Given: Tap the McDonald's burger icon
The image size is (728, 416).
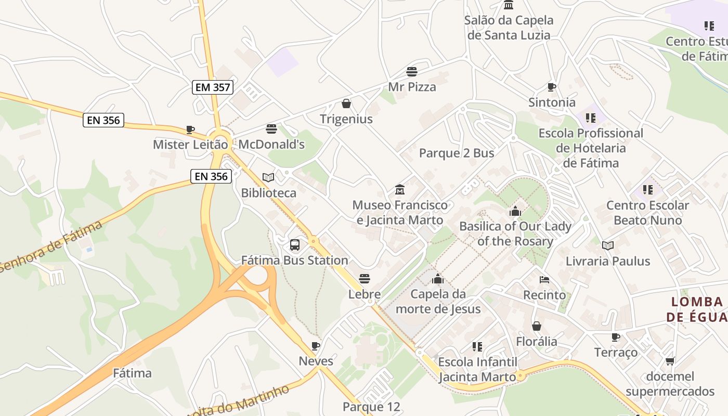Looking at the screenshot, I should click(271, 128).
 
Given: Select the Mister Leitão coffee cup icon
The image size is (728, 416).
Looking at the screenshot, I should click(190, 129).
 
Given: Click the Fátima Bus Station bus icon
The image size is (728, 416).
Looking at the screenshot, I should click(295, 244).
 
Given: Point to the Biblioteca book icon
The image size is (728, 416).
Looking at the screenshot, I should click(268, 178).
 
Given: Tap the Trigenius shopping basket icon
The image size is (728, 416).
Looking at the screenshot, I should click(346, 104).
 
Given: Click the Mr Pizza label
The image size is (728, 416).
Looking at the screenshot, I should click(412, 87).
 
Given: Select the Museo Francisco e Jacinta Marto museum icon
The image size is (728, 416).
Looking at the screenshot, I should click(400, 189).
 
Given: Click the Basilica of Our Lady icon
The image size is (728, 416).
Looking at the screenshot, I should click(515, 211).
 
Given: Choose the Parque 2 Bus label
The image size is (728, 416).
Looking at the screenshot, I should click(457, 153).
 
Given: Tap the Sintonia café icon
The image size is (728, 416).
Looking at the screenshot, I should click(552, 87).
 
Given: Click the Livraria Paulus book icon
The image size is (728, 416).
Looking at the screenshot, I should click(608, 245).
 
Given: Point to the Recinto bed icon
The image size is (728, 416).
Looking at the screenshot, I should click(544, 280).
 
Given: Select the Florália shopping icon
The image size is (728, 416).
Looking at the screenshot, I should click(537, 326).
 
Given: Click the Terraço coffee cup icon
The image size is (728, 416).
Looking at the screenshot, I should click(616, 337).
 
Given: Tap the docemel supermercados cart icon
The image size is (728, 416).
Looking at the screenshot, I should click(670, 361).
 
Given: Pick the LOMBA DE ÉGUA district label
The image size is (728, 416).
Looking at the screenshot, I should click(697, 309).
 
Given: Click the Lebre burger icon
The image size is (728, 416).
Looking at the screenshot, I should click(365, 279).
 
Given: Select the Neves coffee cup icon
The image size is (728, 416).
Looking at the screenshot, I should click(316, 346).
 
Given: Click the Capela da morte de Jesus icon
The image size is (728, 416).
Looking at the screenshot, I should click(438, 279).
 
